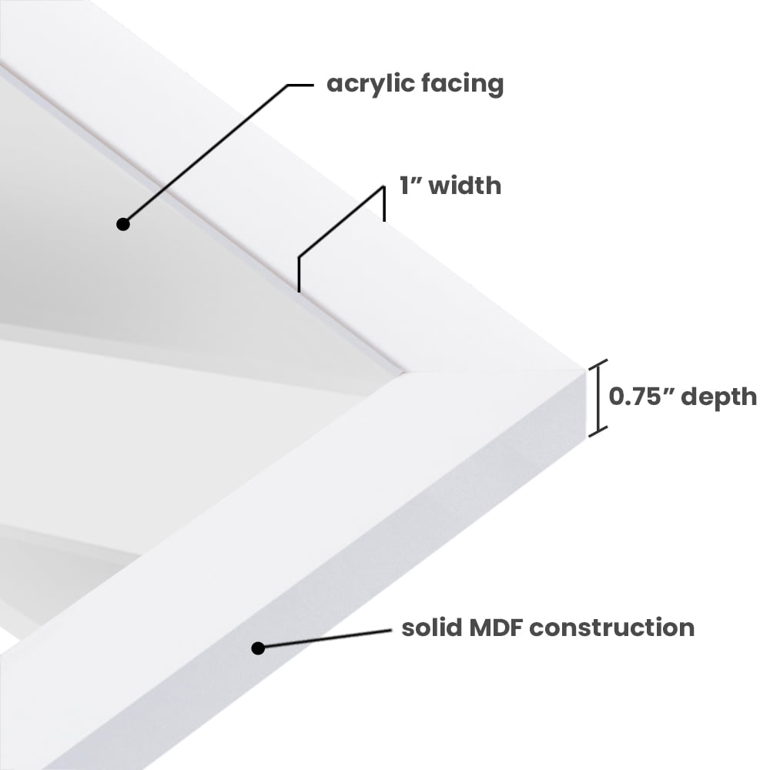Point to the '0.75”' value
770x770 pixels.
point(641,397)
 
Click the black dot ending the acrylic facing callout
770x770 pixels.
point(122,224)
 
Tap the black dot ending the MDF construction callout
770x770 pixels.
point(258,648)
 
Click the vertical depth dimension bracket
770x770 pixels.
point(598,398)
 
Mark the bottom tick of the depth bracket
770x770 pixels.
point(598,432)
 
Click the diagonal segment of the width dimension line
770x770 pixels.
point(341,222)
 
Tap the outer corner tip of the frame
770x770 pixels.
point(586,370)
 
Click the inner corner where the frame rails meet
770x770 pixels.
point(403,372)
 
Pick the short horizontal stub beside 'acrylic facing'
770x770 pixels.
point(300,85)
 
